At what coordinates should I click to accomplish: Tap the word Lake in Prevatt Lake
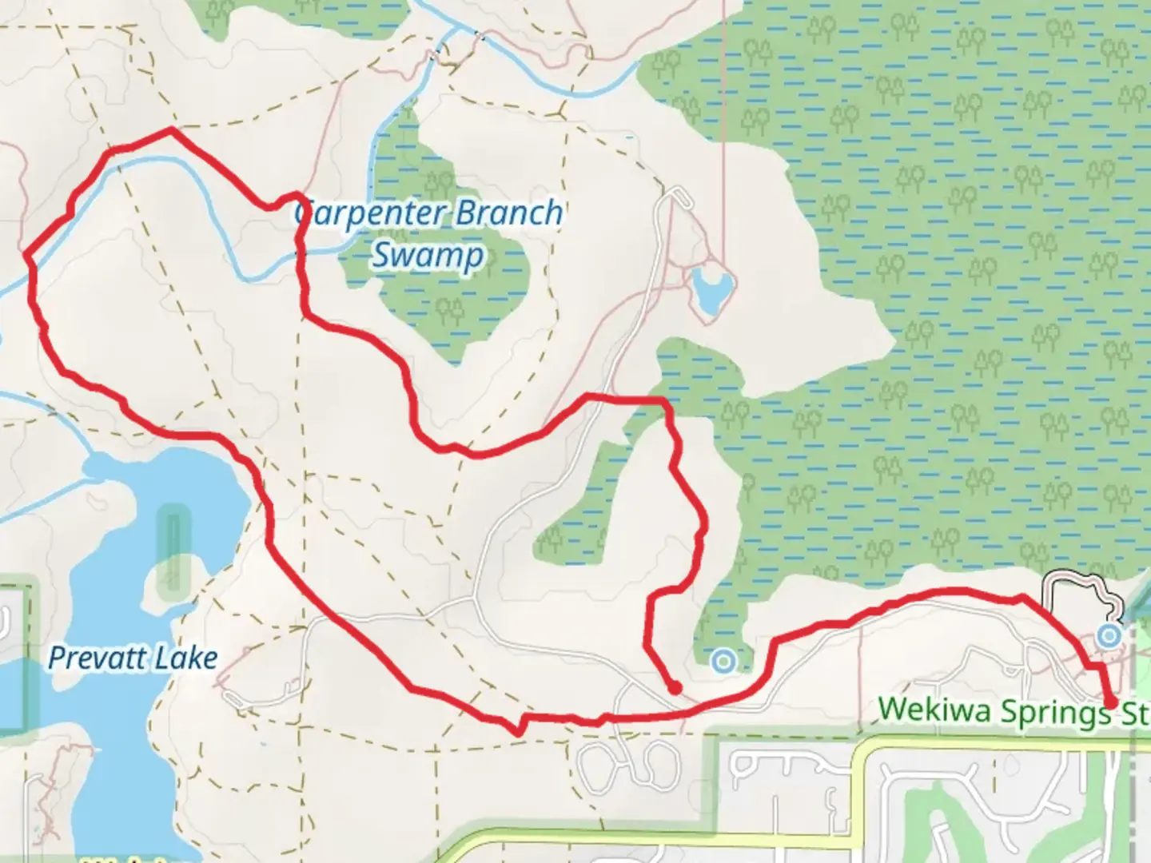click(x=187, y=658)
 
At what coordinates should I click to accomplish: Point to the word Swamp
click(x=428, y=256)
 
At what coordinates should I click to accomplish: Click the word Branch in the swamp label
click(x=508, y=213)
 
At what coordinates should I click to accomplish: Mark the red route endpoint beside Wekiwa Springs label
click(x=1111, y=702)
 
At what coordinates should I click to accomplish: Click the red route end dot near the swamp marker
click(x=675, y=687)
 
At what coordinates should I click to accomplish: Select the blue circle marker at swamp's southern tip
click(x=724, y=661)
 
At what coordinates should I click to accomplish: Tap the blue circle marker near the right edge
click(x=1108, y=635)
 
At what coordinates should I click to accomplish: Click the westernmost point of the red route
click(x=27, y=256)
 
